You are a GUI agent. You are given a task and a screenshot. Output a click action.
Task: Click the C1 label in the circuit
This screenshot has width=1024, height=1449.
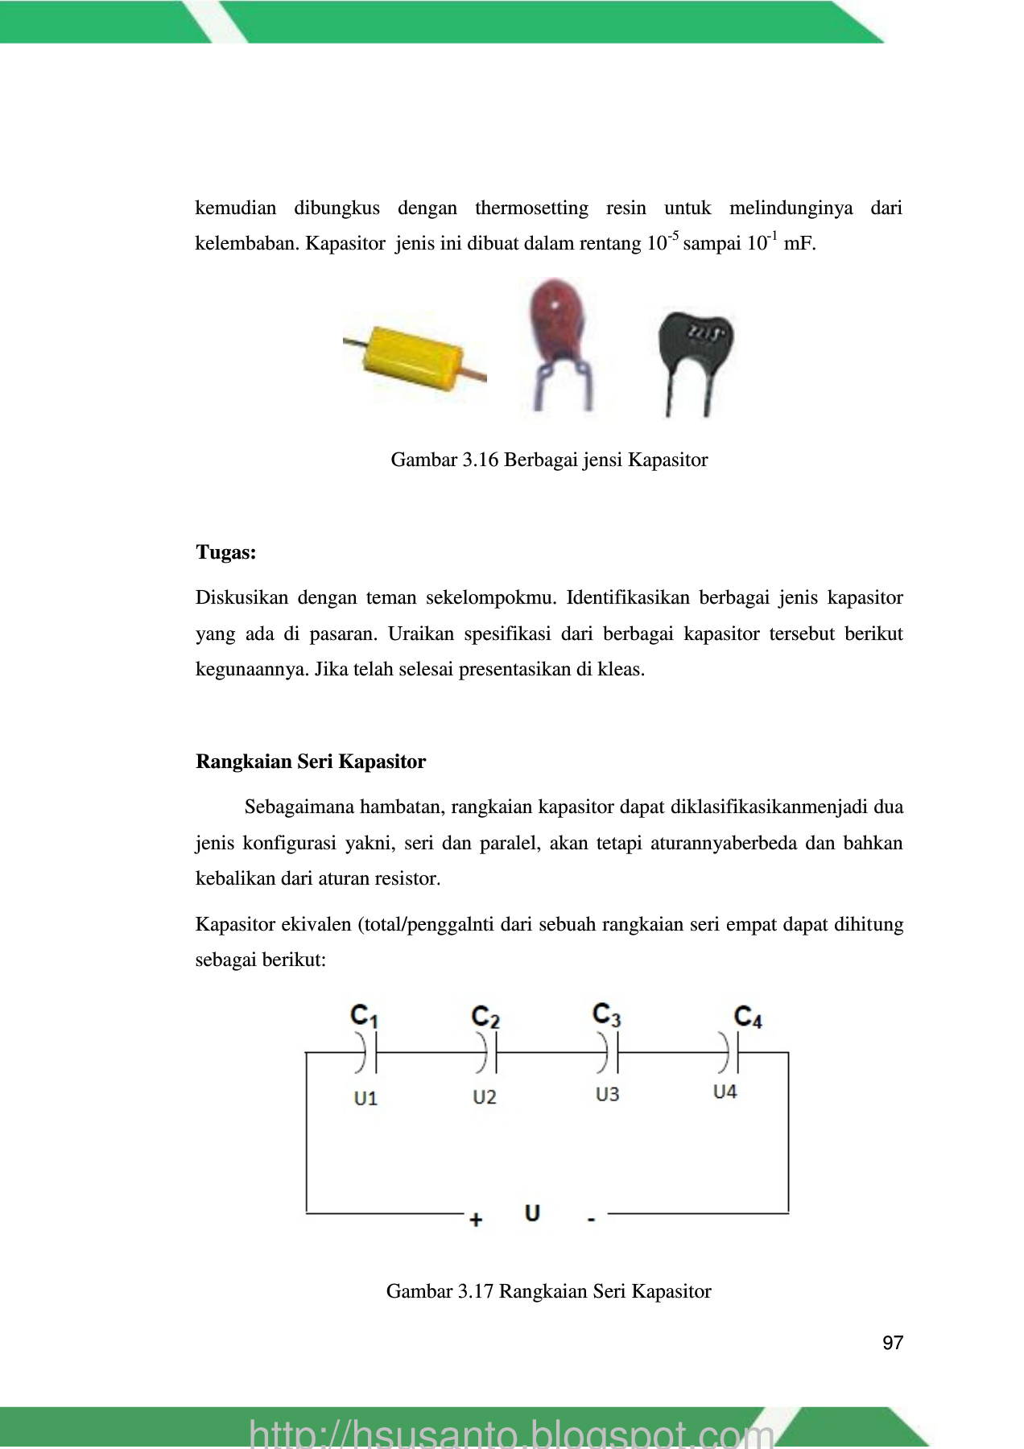pyautogui.click(x=364, y=1016)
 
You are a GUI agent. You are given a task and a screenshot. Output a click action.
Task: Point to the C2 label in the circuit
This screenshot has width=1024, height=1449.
pyautogui.click(x=485, y=1017)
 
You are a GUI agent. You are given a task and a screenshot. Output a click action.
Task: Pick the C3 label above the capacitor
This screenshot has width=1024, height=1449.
pyautogui.click(x=606, y=1014)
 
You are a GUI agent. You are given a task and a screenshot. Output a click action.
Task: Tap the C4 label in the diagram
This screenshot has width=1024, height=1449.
pyautogui.click(x=747, y=1017)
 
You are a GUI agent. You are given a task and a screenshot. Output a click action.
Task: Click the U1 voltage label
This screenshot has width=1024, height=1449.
pyautogui.click(x=365, y=1098)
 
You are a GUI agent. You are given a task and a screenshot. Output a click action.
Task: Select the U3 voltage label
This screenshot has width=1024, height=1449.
pyautogui.click(x=607, y=1095)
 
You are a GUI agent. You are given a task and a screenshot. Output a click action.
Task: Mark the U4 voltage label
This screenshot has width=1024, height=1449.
pyautogui.click(x=725, y=1092)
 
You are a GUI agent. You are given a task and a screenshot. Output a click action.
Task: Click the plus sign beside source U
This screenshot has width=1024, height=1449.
pyautogui.click(x=476, y=1220)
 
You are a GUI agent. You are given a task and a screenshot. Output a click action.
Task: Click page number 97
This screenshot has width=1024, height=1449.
pyautogui.click(x=893, y=1343)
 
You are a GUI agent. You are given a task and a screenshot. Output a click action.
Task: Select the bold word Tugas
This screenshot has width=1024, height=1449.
pyautogui.click(x=226, y=553)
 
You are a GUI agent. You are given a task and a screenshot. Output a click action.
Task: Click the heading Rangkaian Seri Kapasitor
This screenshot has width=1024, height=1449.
pyautogui.click(x=311, y=762)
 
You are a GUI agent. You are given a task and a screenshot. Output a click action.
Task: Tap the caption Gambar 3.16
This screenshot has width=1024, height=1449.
pyautogui.click(x=549, y=460)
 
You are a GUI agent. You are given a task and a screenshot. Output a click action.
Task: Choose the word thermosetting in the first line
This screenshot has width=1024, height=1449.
pyautogui.click(x=531, y=208)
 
